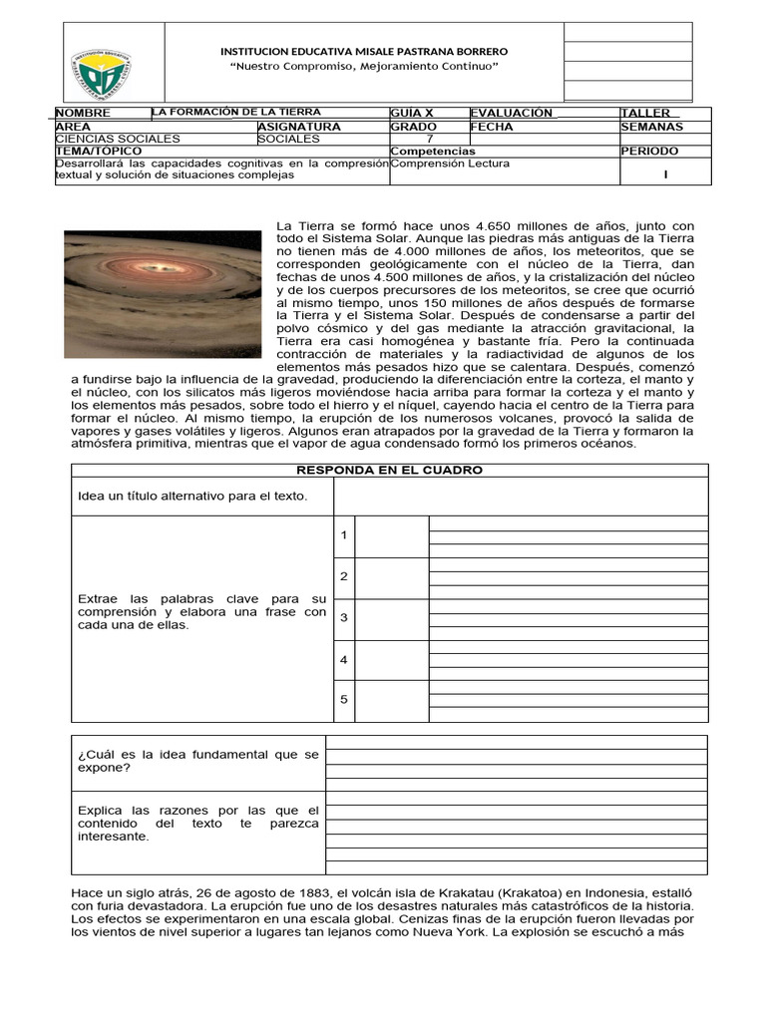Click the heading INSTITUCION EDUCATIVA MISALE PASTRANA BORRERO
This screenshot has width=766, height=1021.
click(x=363, y=51)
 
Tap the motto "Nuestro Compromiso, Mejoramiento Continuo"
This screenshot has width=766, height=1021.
click(x=363, y=66)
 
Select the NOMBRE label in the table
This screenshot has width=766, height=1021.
click(x=83, y=114)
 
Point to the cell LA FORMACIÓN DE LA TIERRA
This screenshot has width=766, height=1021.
click(x=236, y=113)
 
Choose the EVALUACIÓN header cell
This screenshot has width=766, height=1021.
click(x=510, y=114)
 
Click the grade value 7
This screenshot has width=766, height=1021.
click(x=429, y=140)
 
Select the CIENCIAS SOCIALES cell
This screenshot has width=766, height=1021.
click(x=118, y=140)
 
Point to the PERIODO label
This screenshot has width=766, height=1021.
click(x=649, y=152)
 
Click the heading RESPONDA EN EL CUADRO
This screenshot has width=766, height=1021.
click(x=389, y=470)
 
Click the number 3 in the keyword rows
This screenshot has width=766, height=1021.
click(x=343, y=618)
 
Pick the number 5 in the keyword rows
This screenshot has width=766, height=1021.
click(x=343, y=700)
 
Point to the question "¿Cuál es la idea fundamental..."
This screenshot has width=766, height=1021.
click(x=197, y=762)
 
